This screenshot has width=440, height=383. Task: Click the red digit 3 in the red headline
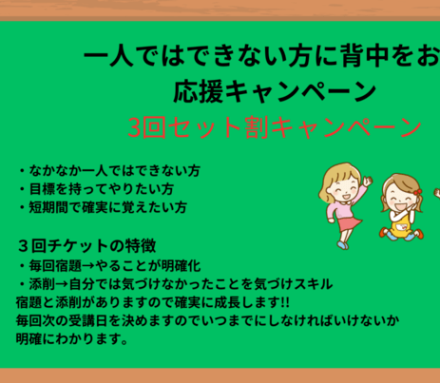tap(134, 127)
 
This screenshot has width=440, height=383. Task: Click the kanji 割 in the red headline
tap(258, 127)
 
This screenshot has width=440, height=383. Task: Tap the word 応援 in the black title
tap(199, 91)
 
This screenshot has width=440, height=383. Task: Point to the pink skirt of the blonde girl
tap(349, 223)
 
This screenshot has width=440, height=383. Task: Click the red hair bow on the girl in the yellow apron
tap(418, 191)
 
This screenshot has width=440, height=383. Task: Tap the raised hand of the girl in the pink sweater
tap(368, 182)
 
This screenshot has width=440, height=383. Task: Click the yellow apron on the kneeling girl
tap(401, 227)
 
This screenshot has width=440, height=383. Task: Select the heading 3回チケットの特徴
tap(87, 246)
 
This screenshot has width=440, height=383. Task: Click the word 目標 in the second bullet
tap(43, 189)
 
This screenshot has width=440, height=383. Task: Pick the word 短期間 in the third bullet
tap(48, 207)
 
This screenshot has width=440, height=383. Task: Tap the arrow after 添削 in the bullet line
tap(62, 284)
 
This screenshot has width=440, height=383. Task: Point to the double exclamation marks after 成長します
tap(285, 302)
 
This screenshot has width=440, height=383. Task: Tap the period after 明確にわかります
tap(124, 342)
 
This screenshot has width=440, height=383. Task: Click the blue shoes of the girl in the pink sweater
tap(342, 245)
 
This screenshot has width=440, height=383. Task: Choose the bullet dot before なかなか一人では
tap(22, 171)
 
